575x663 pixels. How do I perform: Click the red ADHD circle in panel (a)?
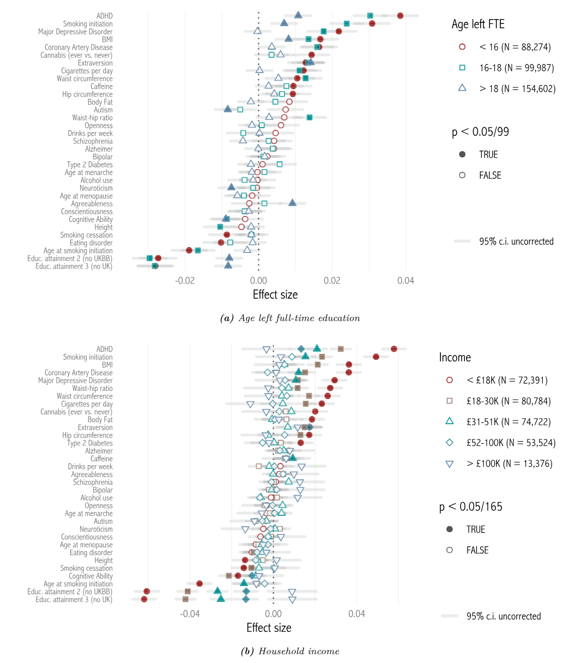pyautogui.click(x=401, y=16)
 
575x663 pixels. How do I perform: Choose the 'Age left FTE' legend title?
pyautogui.click(x=478, y=24)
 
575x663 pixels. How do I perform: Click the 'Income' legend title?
pyautogui.click(x=455, y=358)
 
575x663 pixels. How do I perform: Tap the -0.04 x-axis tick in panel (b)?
pyautogui.click(x=190, y=614)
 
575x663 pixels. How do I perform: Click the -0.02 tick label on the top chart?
pyautogui.click(x=185, y=281)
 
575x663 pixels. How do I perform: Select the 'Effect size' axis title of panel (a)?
pyautogui.click(x=275, y=295)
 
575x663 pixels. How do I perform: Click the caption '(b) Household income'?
pyautogui.click(x=290, y=651)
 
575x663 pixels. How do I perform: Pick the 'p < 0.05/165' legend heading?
pyautogui.click(x=471, y=507)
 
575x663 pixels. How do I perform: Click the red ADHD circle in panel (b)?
pyautogui.click(x=394, y=349)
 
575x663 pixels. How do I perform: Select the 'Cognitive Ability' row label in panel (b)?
pyautogui.click(x=90, y=576)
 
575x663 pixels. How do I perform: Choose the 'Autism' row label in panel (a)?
pyautogui.click(x=103, y=110)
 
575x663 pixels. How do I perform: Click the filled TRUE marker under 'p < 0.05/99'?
pyautogui.click(x=463, y=155)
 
